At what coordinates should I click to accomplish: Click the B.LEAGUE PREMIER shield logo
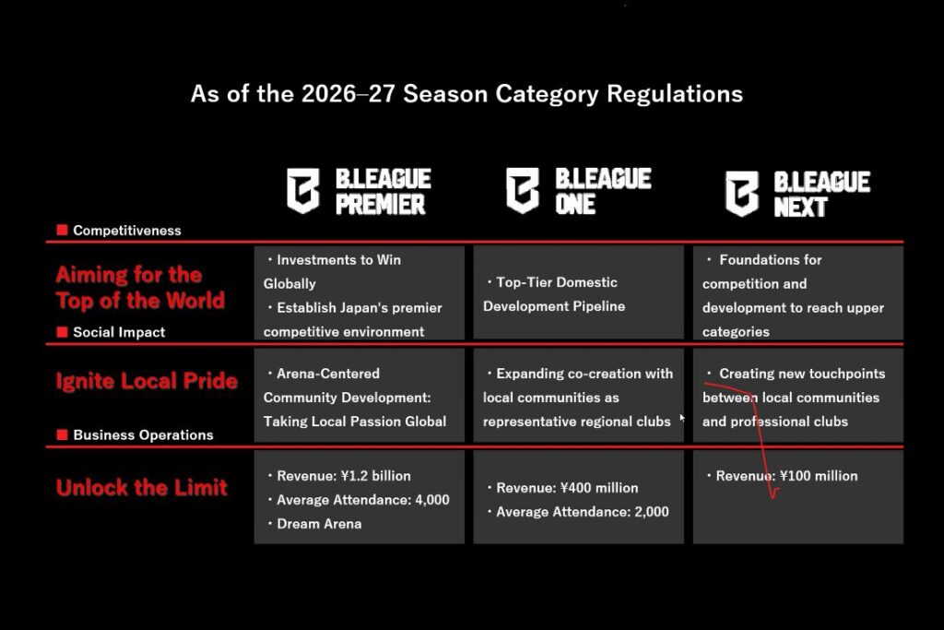pos(302,191)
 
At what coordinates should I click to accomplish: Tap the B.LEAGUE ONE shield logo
pos(523,191)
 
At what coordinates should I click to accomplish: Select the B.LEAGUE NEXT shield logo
pos(742,194)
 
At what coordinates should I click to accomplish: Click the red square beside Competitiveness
pos(62,230)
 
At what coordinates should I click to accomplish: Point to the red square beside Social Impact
pos(62,332)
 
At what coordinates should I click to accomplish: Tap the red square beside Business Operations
pos(62,434)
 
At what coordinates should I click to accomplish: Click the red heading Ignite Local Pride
pos(147,381)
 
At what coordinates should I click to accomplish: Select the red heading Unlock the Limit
pos(141,487)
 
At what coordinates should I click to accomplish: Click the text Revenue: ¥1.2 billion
pos(344,476)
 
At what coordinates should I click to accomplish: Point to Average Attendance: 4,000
pos(363,500)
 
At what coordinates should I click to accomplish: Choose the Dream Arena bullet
pos(319,524)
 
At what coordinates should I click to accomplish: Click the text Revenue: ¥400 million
pos(567,488)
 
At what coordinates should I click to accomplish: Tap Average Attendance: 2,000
pos(583,512)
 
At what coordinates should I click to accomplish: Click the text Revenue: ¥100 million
pos(787,476)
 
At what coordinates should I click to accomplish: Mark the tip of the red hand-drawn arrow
pos(773,498)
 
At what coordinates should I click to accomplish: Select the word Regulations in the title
pos(675,94)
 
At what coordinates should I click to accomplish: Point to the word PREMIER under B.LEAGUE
pos(381,204)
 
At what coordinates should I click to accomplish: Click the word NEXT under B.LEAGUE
pos(801,208)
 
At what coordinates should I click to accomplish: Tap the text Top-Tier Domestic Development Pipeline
pos(554,294)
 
